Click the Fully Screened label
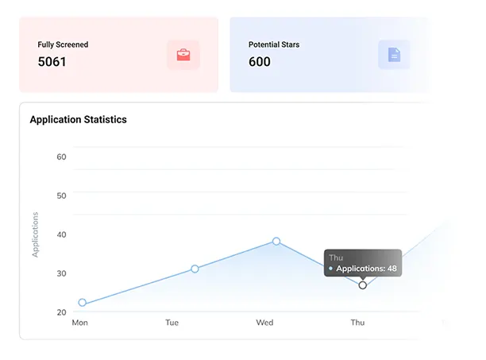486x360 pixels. pyautogui.click(x=63, y=45)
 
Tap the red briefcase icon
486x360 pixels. pyautogui.click(x=183, y=55)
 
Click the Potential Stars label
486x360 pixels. pyautogui.click(x=274, y=45)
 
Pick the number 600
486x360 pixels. pyautogui.click(x=260, y=61)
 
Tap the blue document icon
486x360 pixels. pyautogui.click(x=394, y=55)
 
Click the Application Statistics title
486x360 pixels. pyautogui.click(x=78, y=120)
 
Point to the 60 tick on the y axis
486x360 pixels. pyautogui.click(x=61, y=157)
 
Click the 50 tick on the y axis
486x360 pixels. pyautogui.click(x=61, y=195)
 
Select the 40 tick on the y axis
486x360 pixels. pyautogui.click(x=61, y=234)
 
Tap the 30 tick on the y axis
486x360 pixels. pyautogui.click(x=61, y=273)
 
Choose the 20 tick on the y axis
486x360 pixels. pyautogui.click(x=61, y=312)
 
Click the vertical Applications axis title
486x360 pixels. pyautogui.click(x=35, y=234)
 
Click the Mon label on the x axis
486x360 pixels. pyautogui.click(x=79, y=323)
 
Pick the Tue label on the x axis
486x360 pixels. pyautogui.click(x=172, y=323)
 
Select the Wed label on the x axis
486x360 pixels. pyautogui.click(x=264, y=323)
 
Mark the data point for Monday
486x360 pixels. pyautogui.click(x=82, y=303)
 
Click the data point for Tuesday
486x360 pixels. pyautogui.click(x=195, y=269)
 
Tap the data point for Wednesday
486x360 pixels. pyautogui.click(x=276, y=241)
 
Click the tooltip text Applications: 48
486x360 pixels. pyautogui.click(x=366, y=269)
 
